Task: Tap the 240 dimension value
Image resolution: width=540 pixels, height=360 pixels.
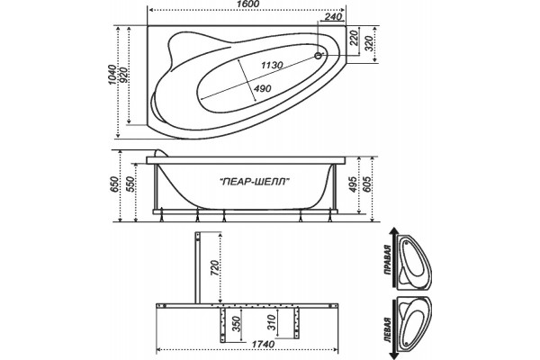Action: pos(333,16)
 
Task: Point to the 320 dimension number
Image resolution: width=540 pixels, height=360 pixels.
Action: pos(369,43)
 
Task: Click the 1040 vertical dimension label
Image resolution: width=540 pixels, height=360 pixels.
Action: pos(112,76)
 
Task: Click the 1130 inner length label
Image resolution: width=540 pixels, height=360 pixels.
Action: pos(272,65)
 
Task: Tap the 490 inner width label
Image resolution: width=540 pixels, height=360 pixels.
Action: pos(263,88)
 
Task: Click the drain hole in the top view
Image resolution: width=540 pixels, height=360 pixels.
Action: pos(319,55)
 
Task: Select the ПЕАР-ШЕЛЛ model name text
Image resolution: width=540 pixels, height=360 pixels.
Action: pos(255,181)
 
